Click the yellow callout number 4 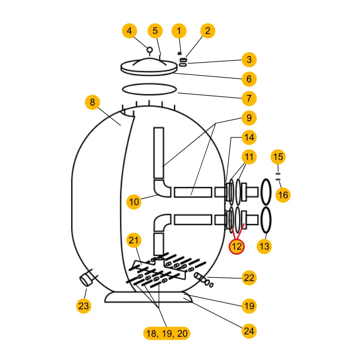coord(129,31)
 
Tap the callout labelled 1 coord(179,31)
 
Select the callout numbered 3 coord(249,60)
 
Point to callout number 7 coord(249,98)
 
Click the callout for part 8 coord(92,102)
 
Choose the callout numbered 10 coord(134,202)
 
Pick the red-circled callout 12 coord(237,246)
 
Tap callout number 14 coord(249,137)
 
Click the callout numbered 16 coord(283,195)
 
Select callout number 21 coord(133,240)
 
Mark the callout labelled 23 coord(84,305)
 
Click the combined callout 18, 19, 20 coord(166,333)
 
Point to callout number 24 coord(249,330)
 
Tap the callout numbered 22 coord(249,278)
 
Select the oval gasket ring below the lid coord(150,89)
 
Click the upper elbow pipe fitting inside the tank coord(162,190)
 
